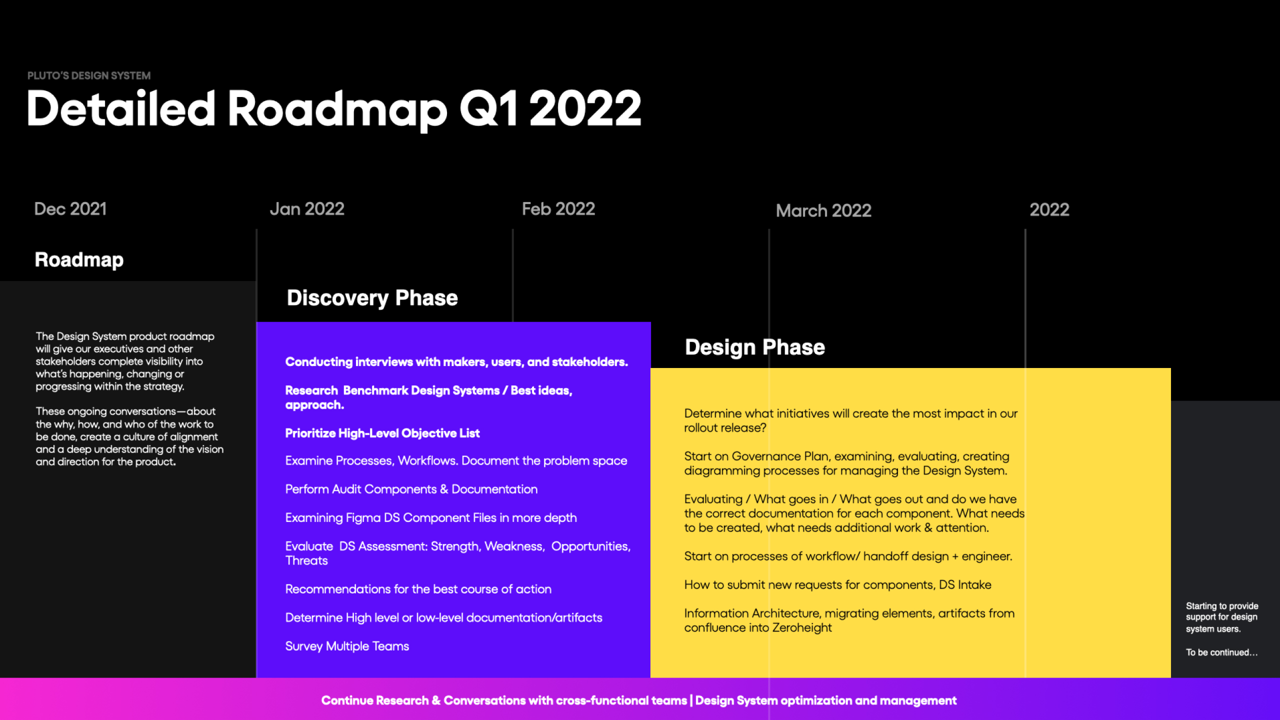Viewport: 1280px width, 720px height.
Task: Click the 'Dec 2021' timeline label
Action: [70, 209]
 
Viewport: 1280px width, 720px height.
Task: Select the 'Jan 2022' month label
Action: [307, 209]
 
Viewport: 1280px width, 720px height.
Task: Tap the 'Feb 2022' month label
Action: [558, 209]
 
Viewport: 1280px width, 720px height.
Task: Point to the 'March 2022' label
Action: [823, 210]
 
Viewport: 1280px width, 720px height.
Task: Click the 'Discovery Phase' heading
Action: [372, 298]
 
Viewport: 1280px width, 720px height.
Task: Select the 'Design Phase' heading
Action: [755, 347]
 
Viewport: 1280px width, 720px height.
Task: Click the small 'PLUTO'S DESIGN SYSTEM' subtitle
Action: [89, 75]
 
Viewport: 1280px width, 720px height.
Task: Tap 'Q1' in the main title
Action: [488, 108]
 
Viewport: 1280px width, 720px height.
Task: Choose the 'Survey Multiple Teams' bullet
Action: [347, 646]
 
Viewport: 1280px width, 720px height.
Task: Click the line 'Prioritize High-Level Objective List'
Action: [382, 433]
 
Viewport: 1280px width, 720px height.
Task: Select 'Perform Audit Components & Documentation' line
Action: [411, 489]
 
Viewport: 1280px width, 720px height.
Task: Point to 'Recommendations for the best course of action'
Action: [418, 589]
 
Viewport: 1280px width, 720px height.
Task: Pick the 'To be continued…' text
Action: [1221, 652]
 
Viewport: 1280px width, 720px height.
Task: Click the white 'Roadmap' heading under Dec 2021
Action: [79, 260]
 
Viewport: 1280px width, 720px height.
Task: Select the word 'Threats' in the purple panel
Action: [306, 560]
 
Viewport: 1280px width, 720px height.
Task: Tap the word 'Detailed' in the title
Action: [121, 108]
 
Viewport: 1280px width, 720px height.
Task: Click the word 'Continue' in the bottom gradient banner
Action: [346, 700]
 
